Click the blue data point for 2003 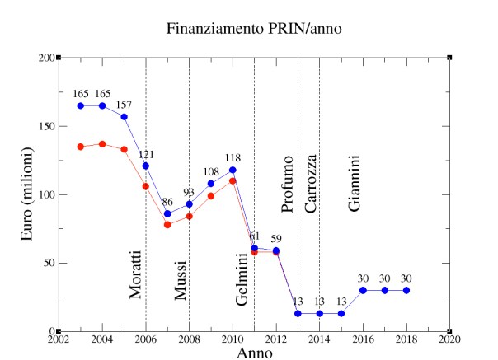pyautogui.click(x=81, y=105)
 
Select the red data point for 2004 pyautogui.click(x=102, y=144)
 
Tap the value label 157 pyautogui.click(x=124, y=105)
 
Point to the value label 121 pyautogui.click(x=146, y=154)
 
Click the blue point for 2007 pyautogui.click(x=167, y=213)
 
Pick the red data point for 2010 pyautogui.click(x=233, y=180)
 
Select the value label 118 pyautogui.click(x=233, y=158)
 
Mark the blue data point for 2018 pyautogui.click(x=406, y=290)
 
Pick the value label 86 pyautogui.click(x=167, y=202)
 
